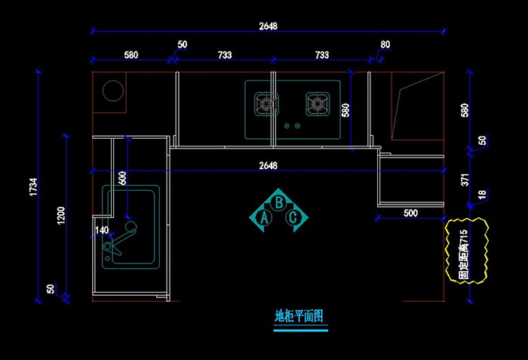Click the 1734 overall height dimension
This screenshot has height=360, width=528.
tap(32, 187)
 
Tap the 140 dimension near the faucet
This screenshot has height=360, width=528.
tap(101, 229)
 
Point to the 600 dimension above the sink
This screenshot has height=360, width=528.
tap(123, 179)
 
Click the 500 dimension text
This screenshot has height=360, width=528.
tap(410, 214)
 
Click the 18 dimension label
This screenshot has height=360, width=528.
tap(482, 195)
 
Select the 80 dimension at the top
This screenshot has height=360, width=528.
tap(385, 45)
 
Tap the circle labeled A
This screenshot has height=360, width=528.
tap(265, 218)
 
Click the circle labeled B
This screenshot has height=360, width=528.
tap(279, 202)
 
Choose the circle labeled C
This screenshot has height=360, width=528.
tap(294, 218)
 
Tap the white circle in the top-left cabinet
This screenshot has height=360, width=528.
tap(112, 91)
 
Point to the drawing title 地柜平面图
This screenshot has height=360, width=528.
tap(299, 316)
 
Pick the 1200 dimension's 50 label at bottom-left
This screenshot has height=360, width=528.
tap(51, 289)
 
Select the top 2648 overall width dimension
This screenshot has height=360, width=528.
tap(268, 26)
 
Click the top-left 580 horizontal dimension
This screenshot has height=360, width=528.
tap(130, 55)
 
